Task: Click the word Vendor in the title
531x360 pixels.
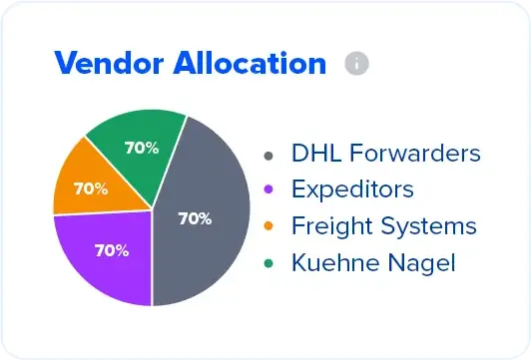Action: (x=102, y=64)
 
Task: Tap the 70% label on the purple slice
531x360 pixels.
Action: (x=112, y=250)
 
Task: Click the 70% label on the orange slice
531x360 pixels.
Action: (x=91, y=187)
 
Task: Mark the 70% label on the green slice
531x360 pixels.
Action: (x=141, y=148)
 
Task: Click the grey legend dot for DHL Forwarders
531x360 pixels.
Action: (x=267, y=156)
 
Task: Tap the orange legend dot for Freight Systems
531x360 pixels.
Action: (x=267, y=227)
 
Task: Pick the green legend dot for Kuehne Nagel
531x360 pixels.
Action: (x=267, y=263)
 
